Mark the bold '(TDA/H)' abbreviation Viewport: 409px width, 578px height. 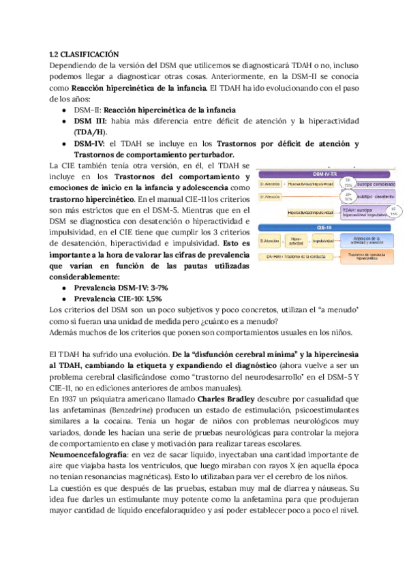tap(89, 131)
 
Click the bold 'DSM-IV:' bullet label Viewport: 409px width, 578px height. tap(90, 143)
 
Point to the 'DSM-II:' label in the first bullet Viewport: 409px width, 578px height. tap(87, 110)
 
